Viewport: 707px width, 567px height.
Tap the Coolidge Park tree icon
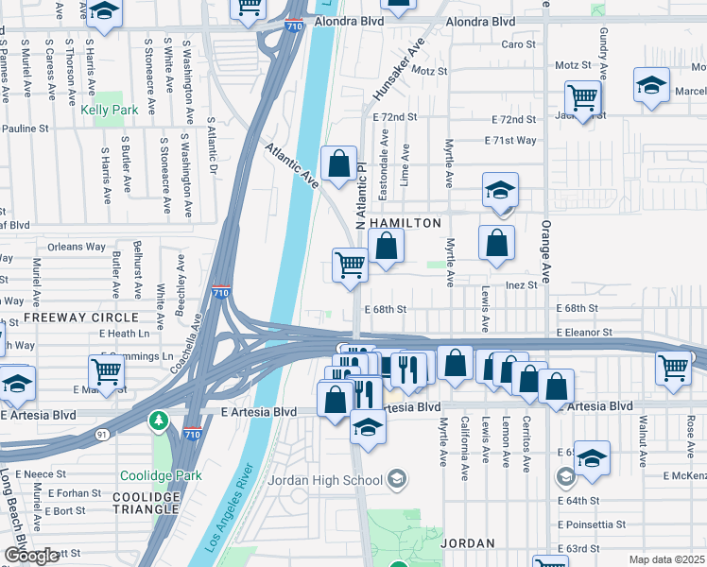click(158, 419)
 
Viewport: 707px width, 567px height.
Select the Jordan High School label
click(327, 479)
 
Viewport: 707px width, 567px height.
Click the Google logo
click(32, 556)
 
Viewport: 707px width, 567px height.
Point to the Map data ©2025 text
click(667, 559)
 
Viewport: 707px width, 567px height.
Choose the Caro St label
click(518, 44)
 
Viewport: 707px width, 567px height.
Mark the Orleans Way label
click(78, 247)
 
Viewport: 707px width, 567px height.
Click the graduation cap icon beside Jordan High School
click(397, 479)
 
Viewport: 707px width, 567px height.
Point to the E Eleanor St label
click(584, 333)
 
